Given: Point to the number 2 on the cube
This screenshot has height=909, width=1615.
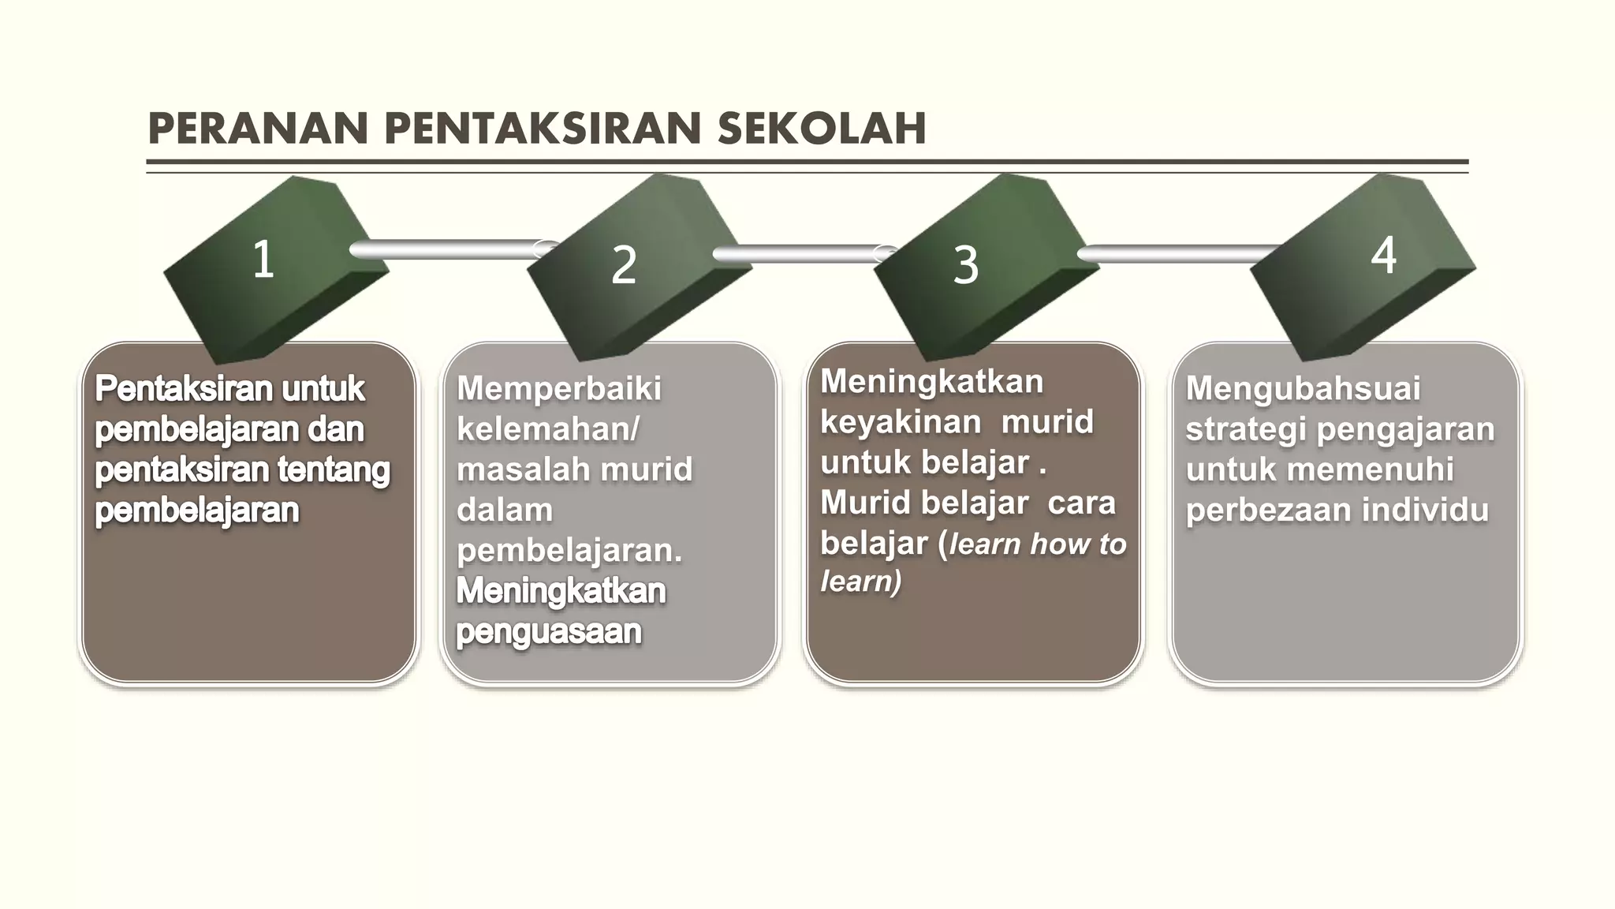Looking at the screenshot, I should pos(624,265).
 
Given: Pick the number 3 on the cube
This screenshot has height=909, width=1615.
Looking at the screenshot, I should pos(966,265).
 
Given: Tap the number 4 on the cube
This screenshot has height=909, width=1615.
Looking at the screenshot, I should pos(1384,255).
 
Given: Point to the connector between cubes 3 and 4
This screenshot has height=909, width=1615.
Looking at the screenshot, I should pos(1175,253).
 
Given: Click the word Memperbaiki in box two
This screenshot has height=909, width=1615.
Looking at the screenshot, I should pos(559,388).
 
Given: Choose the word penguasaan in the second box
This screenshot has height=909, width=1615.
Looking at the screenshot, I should pos(549,631).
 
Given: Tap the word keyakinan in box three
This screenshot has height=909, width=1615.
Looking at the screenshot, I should pos(901,422).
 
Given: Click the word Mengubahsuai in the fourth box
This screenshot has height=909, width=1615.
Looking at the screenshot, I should pos(1303,388).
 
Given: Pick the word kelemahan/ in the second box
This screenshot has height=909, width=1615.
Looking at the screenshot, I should pos(548,429).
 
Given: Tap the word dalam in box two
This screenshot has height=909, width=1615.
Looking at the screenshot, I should pos(505,510).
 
